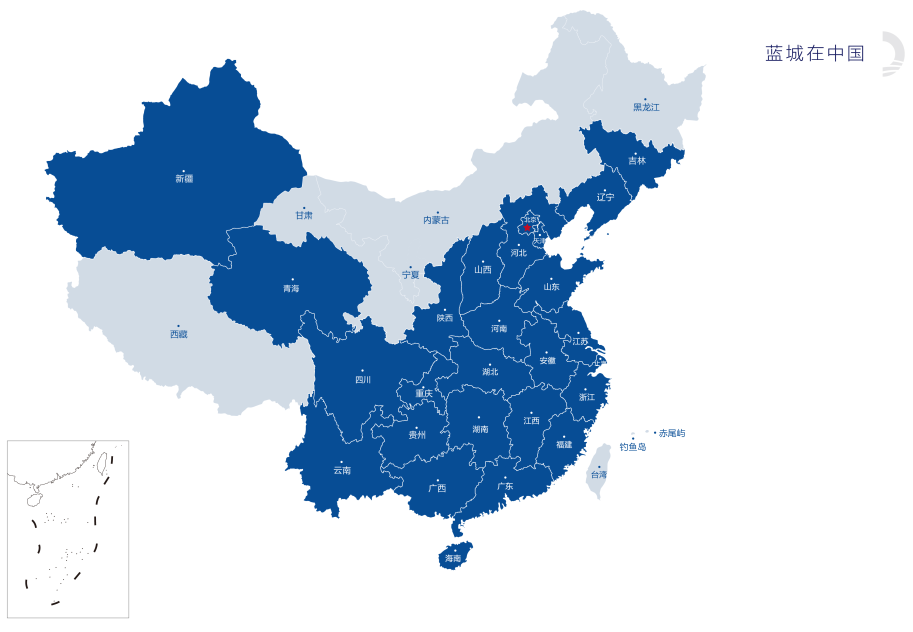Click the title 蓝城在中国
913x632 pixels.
click(814, 54)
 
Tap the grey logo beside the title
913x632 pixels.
click(889, 54)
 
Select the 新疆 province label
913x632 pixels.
click(184, 179)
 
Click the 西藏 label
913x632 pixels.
click(178, 334)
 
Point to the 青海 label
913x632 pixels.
click(291, 288)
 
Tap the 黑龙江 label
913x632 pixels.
click(646, 107)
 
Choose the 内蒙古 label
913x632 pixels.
click(436, 220)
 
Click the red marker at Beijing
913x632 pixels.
click(527, 228)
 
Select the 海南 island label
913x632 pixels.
click(453, 558)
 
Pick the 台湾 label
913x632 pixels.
click(598, 475)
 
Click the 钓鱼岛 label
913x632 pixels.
click(632, 447)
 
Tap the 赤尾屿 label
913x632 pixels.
click(672, 433)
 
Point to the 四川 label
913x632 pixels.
click(363, 380)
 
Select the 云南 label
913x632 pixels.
click(342, 470)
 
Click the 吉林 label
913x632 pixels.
click(637, 161)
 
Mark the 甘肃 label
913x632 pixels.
click(303, 215)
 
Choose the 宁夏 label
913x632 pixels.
click(411, 274)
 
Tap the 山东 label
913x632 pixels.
click(551, 287)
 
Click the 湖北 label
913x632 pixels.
click(489, 372)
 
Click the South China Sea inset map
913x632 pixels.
click(68, 528)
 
